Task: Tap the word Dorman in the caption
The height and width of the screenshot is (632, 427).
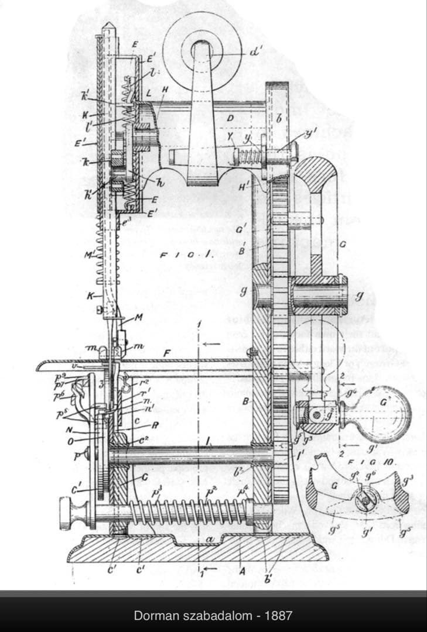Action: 153,616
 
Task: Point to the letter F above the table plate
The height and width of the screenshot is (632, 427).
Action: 166,353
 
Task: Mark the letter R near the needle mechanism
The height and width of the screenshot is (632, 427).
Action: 155,425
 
